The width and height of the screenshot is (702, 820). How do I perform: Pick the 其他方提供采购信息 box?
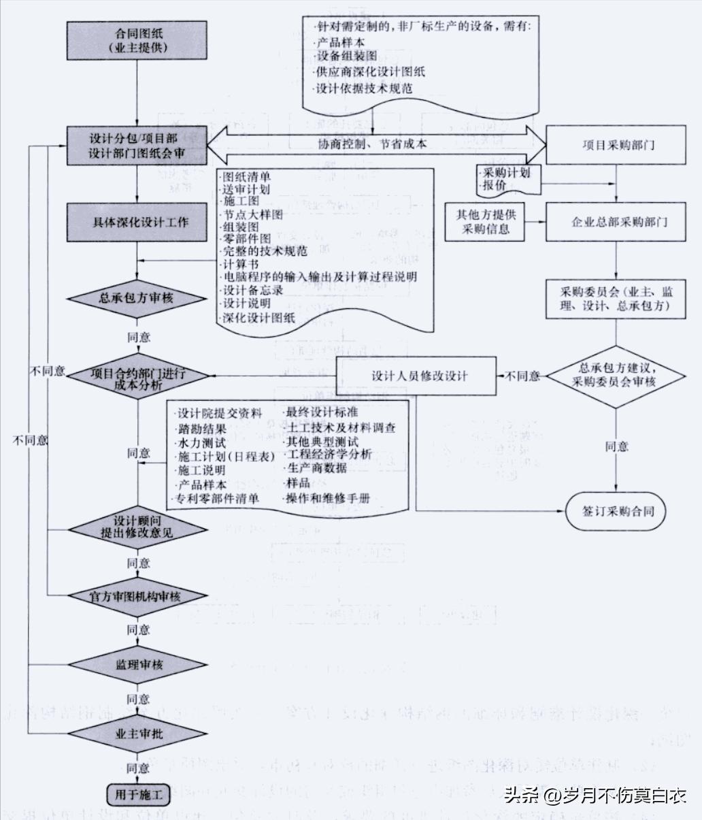coord(486,222)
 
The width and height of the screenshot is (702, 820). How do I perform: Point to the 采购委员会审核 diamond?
coord(616,376)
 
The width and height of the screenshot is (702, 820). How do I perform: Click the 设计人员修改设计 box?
coord(418,376)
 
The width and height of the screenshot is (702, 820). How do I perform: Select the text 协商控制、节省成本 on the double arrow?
coord(372,144)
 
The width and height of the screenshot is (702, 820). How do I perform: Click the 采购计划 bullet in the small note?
coord(506,172)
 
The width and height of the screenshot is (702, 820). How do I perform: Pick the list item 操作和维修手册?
coord(329,498)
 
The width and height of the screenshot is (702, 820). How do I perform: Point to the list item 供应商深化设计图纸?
coord(370,72)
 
